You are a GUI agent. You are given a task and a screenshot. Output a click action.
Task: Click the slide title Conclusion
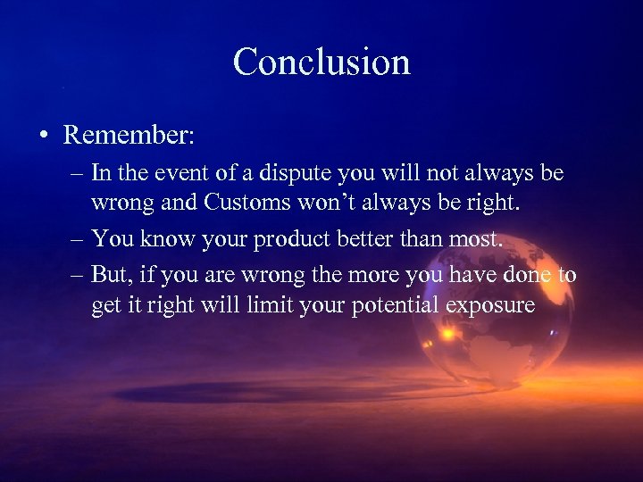pyautogui.click(x=321, y=62)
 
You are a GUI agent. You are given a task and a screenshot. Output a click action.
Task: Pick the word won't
pyautogui.click(x=323, y=203)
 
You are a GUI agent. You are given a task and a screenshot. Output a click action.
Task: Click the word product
pyautogui.click(x=306, y=239)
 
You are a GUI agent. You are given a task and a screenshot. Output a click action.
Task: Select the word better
pyautogui.click(x=380, y=239)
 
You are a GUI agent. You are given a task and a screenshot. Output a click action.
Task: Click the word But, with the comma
pyautogui.click(x=113, y=276)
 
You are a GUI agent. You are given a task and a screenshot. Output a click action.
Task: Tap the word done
pyautogui.click(x=526, y=276)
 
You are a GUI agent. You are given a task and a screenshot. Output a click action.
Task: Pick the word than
pyautogui.click(x=434, y=239)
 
